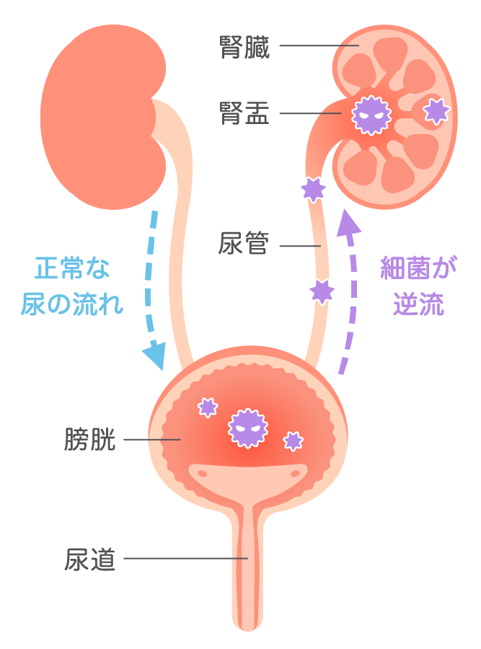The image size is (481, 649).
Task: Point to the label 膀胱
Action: pyautogui.click(x=90, y=439)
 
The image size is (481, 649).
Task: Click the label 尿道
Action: pyautogui.click(x=90, y=557)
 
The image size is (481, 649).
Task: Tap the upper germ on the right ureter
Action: pyautogui.click(x=313, y=189)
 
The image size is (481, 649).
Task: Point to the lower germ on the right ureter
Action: pyautogui.click(x=322, y=291)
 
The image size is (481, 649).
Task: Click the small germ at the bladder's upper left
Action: pyautogui.click(x=208, y=407)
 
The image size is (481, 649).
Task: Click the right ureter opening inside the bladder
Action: pyautogui.click(x=294, y=474)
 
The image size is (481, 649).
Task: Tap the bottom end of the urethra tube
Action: pyautogui.click(x=247, y=622)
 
